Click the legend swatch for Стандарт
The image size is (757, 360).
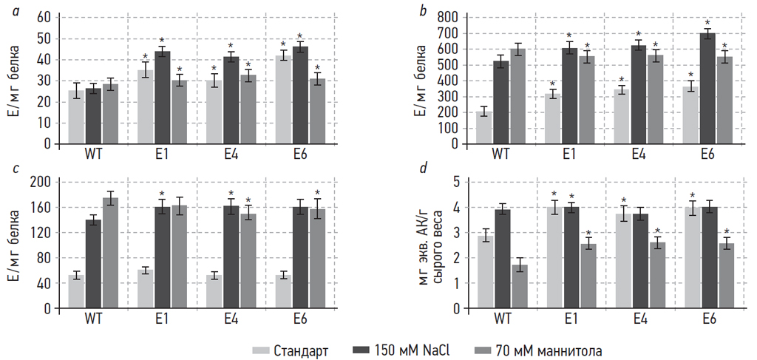coord(261,350)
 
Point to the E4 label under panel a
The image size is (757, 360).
coord(231,154)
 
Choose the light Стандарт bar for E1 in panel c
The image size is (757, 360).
coord(145,289)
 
